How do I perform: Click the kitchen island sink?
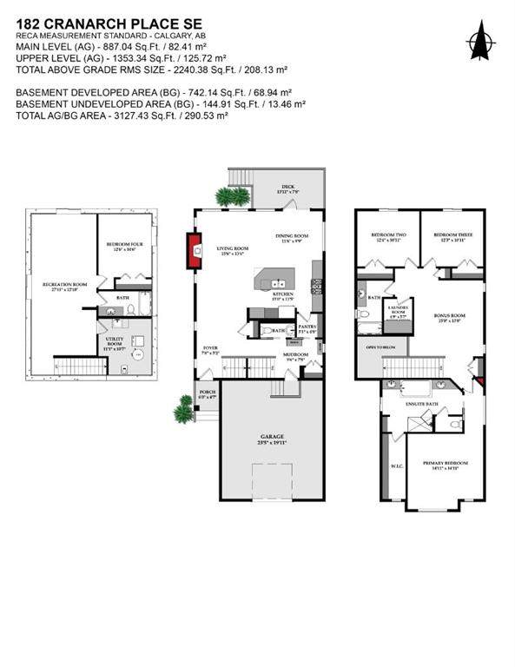coord(277,283)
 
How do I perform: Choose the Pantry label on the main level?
coord(308,327)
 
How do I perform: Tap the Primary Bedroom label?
coord(445,465)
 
